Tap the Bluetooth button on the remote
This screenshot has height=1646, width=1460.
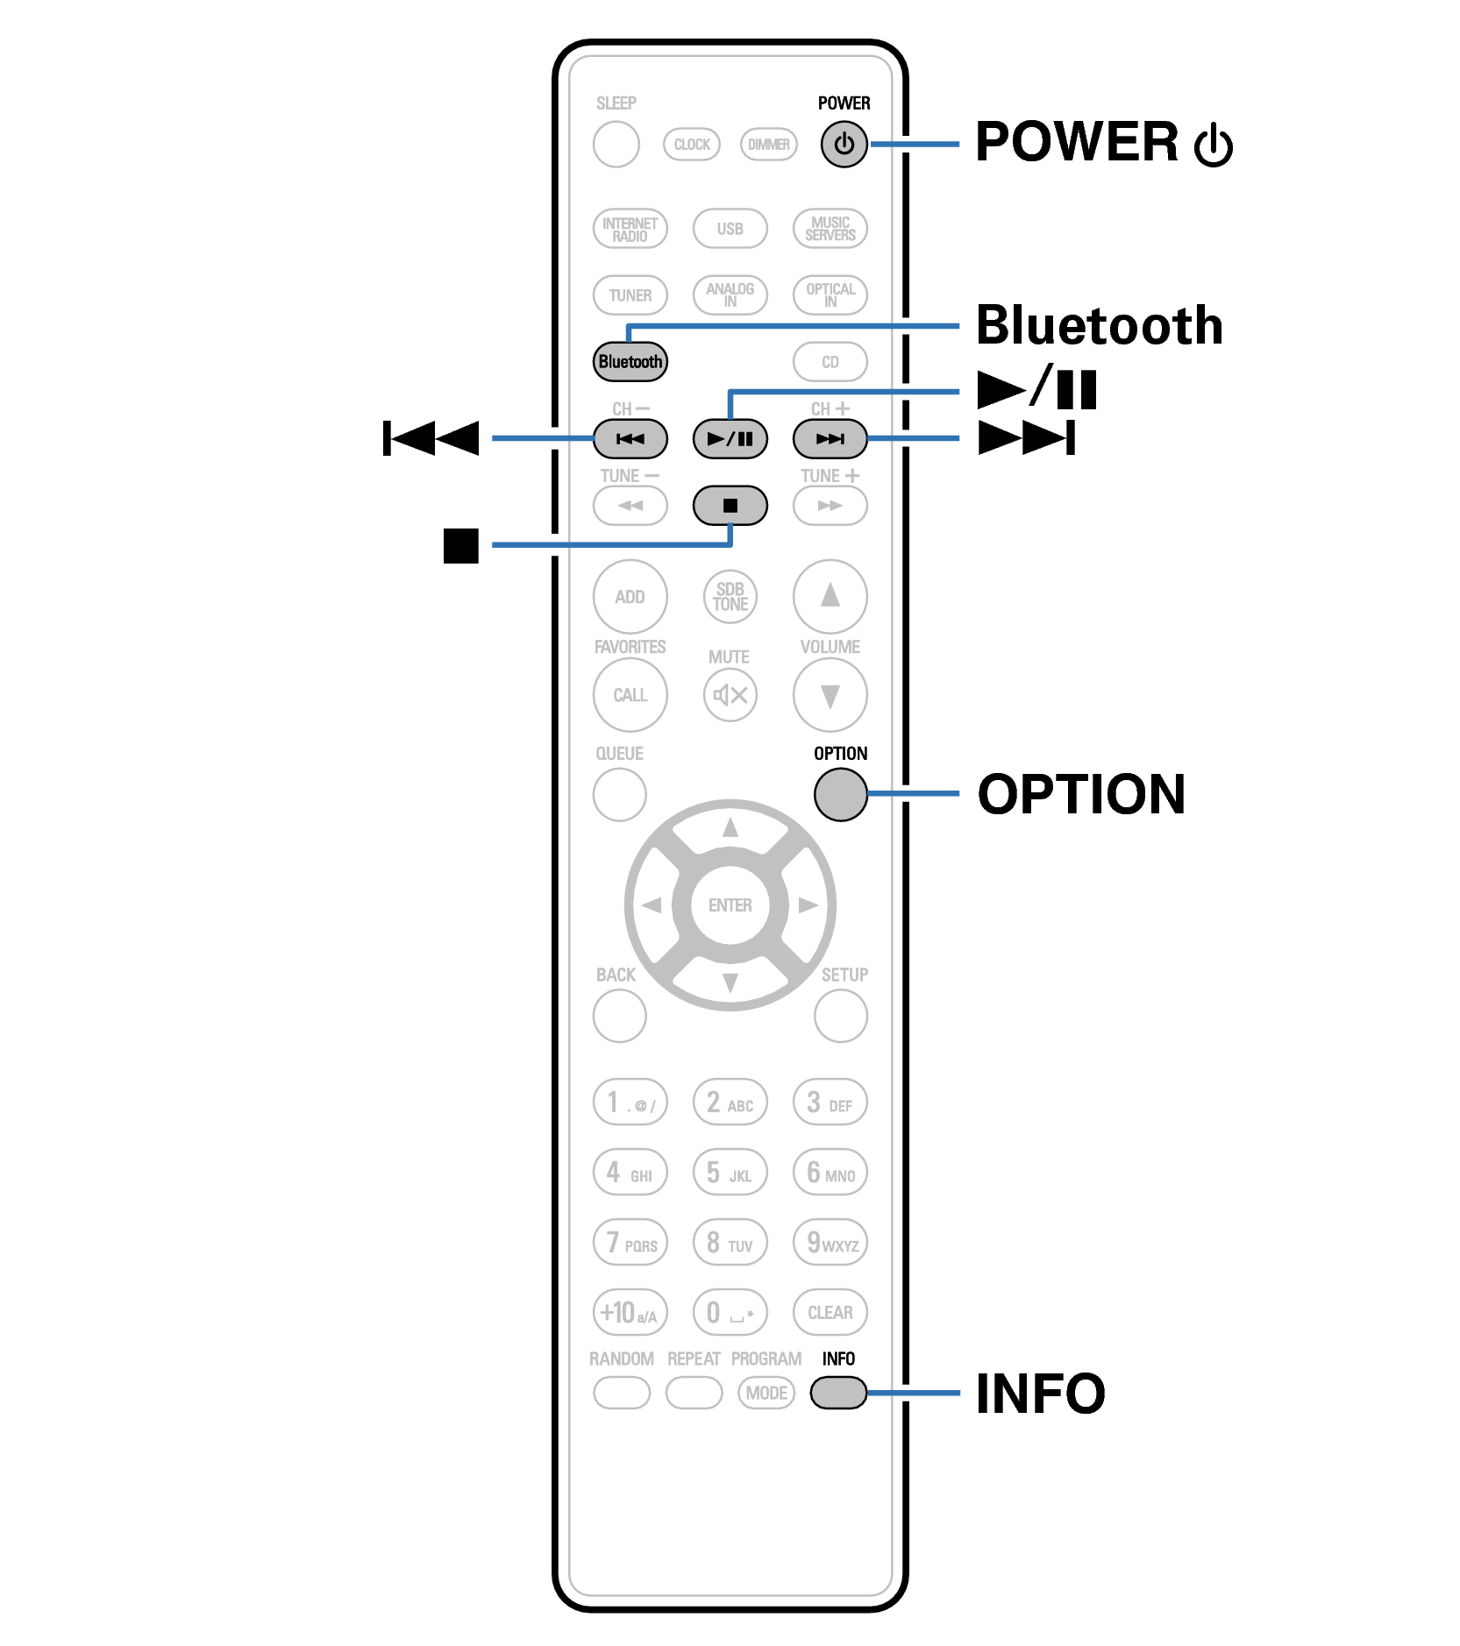pos(630,362)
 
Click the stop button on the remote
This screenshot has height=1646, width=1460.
pos(730,506)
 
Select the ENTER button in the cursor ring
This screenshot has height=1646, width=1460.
pos(730,905)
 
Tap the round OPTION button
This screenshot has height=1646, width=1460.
pos(840,794)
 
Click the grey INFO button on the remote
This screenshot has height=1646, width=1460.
pos(838,1393)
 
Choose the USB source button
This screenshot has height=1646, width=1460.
pos(730,229)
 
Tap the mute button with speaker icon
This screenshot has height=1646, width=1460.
pos(730,695)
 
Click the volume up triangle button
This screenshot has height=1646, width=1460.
pos(830,597)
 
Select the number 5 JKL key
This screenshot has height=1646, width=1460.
pos(730,1173)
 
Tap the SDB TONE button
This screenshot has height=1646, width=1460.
pos(730,597)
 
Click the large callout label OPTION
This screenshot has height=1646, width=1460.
pos(1081,794)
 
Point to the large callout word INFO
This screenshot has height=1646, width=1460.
pos(1041,1394)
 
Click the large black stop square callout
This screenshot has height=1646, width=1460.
pos(461,545)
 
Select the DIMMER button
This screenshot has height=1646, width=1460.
pos(768,145)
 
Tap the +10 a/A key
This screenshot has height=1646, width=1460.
pos(630,1313)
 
